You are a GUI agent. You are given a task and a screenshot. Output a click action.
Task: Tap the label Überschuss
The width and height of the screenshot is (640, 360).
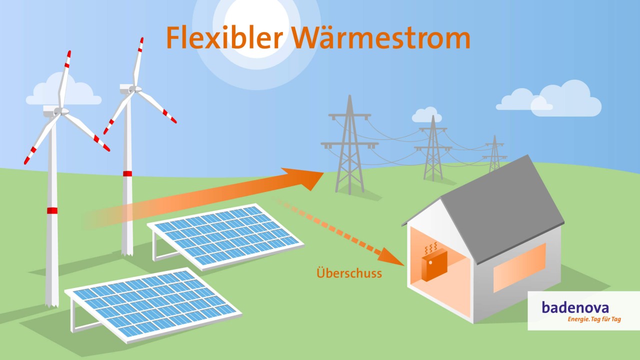349,273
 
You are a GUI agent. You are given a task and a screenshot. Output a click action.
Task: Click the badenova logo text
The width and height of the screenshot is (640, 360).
575,307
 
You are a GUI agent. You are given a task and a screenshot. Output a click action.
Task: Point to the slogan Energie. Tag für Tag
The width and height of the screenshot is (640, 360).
593,319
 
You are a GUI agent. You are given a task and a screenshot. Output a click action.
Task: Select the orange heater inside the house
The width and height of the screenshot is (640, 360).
433,264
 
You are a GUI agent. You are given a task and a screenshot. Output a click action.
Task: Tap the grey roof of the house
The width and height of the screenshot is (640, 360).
500,205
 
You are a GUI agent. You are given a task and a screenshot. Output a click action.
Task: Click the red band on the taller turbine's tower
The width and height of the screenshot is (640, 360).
52,210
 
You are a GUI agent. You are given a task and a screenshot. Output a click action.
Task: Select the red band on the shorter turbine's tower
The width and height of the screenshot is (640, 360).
127,173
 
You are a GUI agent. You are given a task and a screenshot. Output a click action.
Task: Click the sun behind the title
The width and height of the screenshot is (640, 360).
256,30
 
